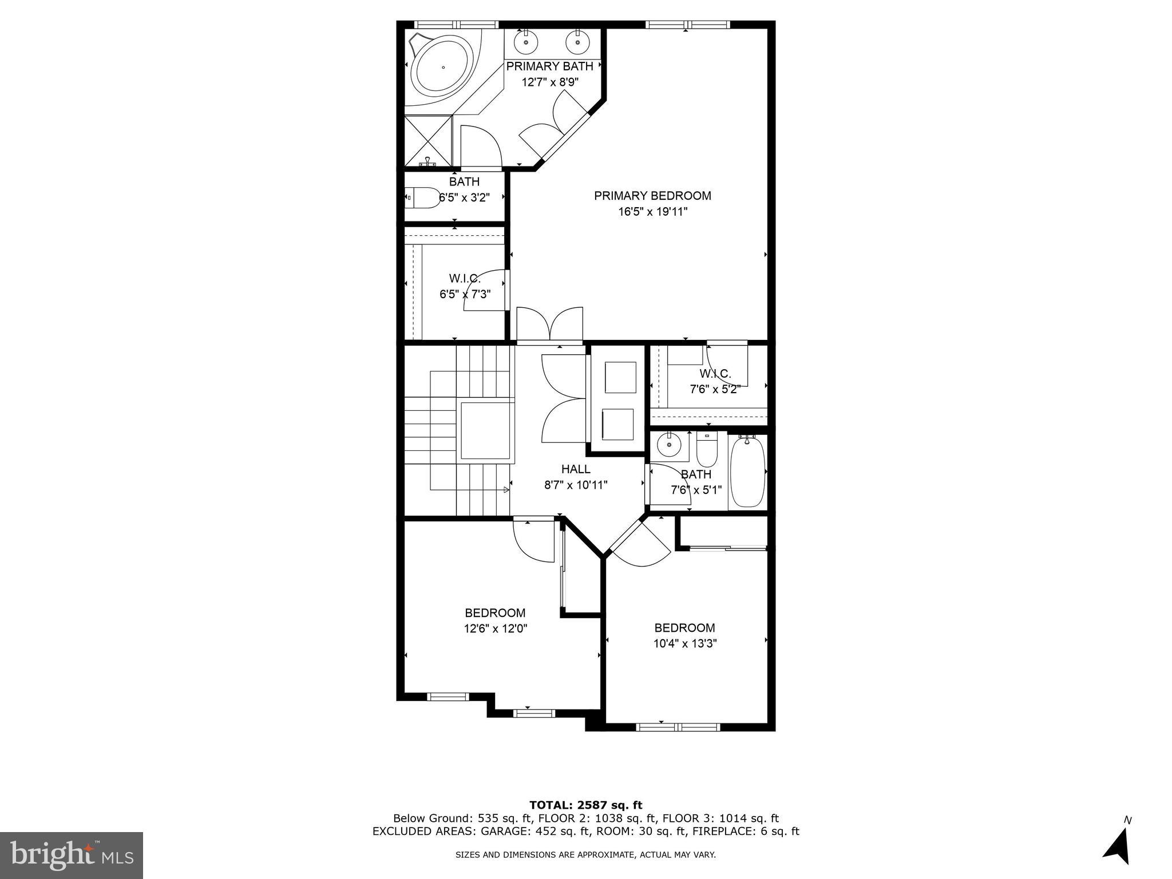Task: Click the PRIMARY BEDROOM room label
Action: pos(652,196)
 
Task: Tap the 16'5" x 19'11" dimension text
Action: pos(652,212)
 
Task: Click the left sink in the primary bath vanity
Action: pos(525,42)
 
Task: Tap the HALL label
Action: pos(575,469)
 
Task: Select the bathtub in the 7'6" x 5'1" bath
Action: pos(748,472)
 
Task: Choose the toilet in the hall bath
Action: pos(707,450)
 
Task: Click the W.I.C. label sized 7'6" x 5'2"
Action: pos(715,374)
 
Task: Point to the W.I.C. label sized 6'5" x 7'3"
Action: pos(464,279)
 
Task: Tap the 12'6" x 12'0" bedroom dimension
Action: pos(495,628)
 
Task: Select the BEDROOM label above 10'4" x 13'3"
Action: pos(684,628)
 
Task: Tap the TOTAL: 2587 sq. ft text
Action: pos(585,805)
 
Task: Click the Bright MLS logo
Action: pos(72,855)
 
